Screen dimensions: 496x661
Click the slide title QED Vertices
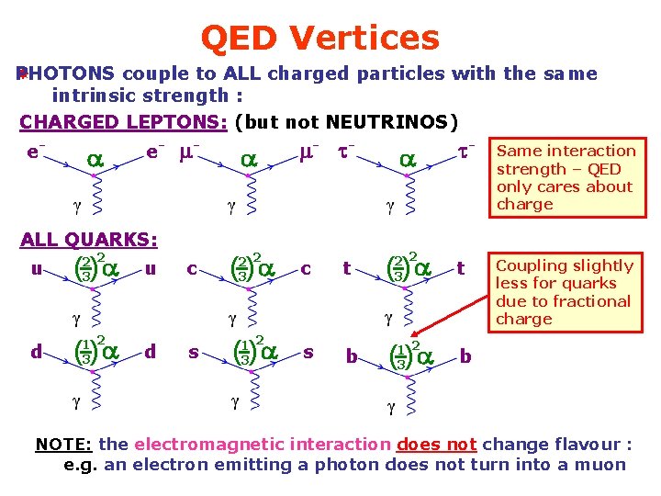coord(319,38)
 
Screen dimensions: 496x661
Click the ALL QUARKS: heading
coord(88,240)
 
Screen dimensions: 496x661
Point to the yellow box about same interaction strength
coord(566,177)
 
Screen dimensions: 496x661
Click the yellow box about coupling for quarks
coord(566,292)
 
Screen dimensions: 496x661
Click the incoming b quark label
coord(352,356)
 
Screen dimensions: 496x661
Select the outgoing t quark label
coord(460,269)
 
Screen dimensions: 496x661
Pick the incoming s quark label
coord(194,352)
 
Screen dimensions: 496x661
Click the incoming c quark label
coord(193,269)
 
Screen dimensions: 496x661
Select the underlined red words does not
coord(436,445)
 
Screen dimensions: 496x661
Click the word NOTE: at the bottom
coord(63,445)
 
